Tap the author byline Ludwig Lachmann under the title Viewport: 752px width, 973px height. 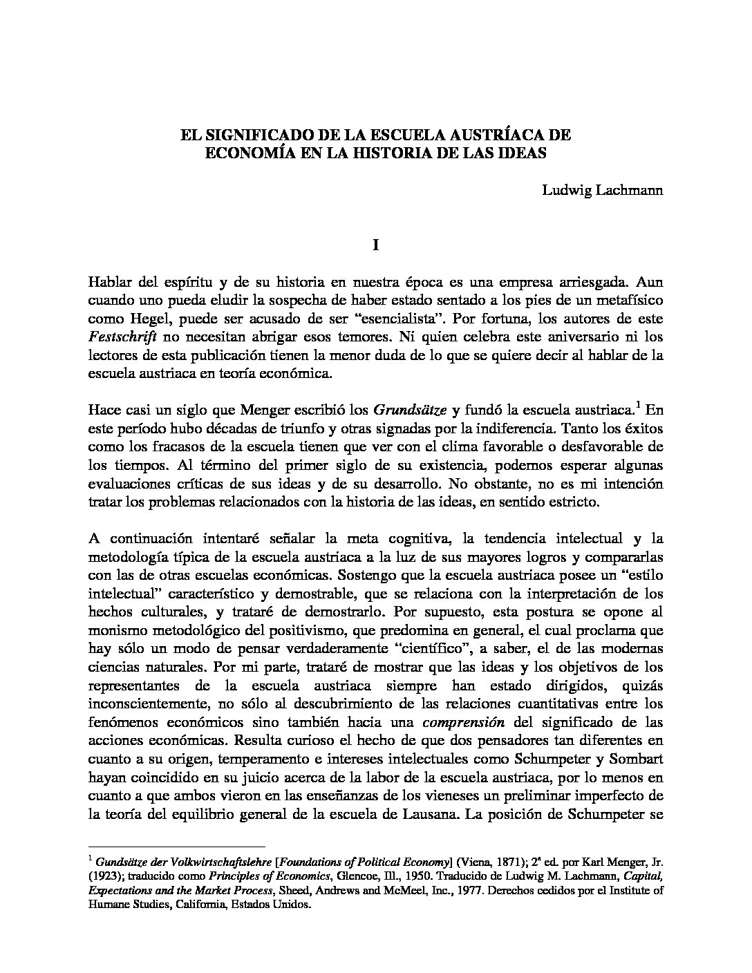(x=603, y=191)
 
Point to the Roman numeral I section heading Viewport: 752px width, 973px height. (x=376, y=245)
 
